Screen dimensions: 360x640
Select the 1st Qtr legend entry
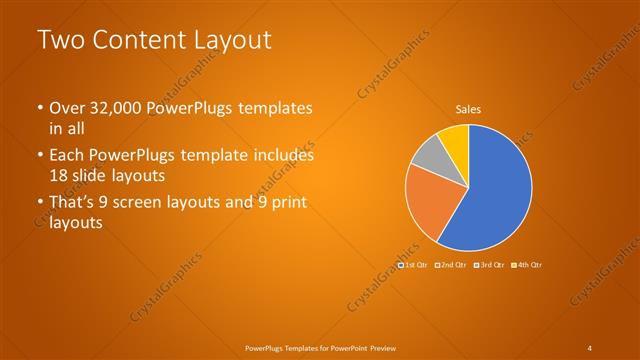click(x=414, y=265)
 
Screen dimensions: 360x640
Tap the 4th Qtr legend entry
click(x=527, y=265)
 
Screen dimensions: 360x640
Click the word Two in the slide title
click(x=59, y=41)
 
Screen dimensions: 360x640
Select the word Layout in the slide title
click(x=229, y=41)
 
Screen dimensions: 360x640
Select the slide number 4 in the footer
click(x=591, y=347)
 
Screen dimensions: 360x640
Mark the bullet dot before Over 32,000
click(x=39, y=108)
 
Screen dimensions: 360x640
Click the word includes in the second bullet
click(x=282, y=156)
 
